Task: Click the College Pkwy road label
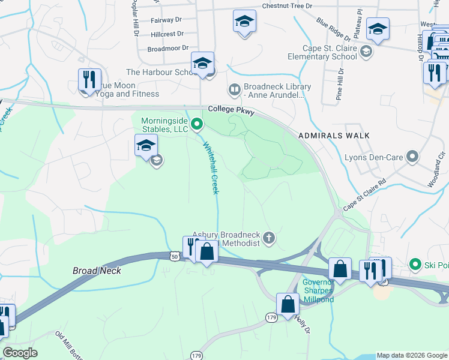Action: click(x=232, y=111)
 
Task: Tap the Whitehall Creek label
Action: click(x=211, y=167)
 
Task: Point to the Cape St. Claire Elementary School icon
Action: click(x=366, y=52)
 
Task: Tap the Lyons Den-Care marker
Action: click(x=412, y=157)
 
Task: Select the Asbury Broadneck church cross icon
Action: click(x=269, y=239)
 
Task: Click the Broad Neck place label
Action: click(x=97, y=271)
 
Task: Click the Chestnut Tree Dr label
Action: click(x=288, y=6)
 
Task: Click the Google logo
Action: click(x=20, y=353)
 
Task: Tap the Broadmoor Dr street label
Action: click(x=168, y=48)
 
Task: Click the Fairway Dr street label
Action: click(x=166, y=20)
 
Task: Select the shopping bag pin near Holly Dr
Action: click(x=288, y=304)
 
